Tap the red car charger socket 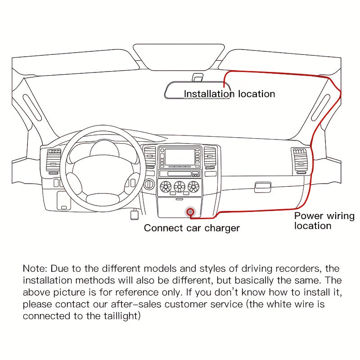click(x=191, y=211)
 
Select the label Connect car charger click(x=192, y=228)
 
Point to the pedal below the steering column click(x=134, y=215)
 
